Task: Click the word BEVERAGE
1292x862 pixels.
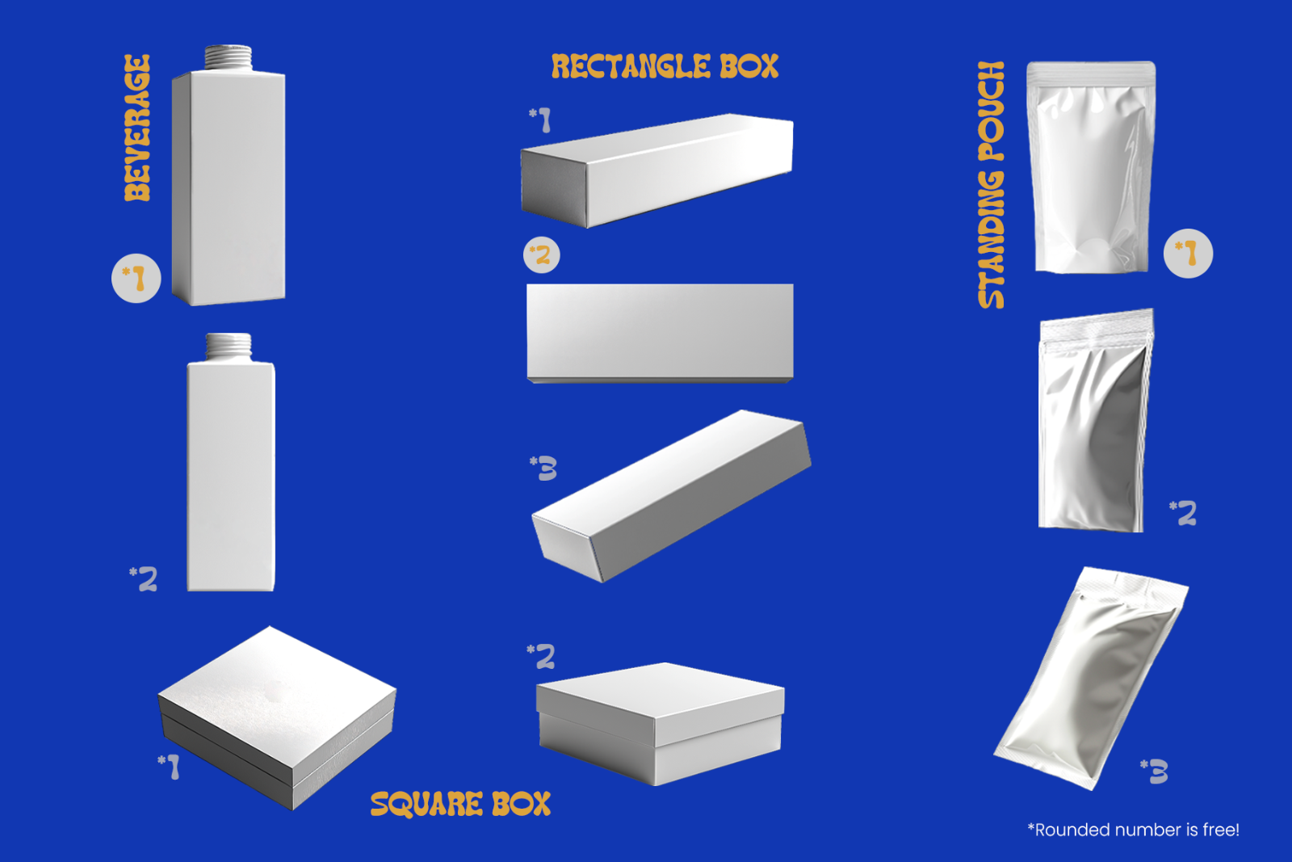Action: click(x=137, y=128)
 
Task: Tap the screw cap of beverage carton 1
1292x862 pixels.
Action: click(x=229, y=57)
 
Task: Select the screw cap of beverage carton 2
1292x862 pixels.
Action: click(x=229, y=346)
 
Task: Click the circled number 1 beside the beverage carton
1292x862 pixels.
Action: click(x=136, y=279)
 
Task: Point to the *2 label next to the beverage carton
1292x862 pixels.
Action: click(x=145, y=578)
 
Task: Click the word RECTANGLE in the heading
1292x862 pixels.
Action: click(x=631, y=67)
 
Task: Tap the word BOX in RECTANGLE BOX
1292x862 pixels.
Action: click(x=749, y=67)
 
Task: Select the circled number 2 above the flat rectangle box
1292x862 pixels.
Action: click(x=542, y=255)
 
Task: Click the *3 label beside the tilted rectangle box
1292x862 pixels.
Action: click(x=543, y=468)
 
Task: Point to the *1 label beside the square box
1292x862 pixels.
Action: click(x=169, y=766)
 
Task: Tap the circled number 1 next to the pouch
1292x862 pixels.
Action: click(x=1188, y=254)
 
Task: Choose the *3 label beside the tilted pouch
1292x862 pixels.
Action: click(x=1155, y=772)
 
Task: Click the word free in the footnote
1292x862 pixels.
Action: click(x=1220, y=830)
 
